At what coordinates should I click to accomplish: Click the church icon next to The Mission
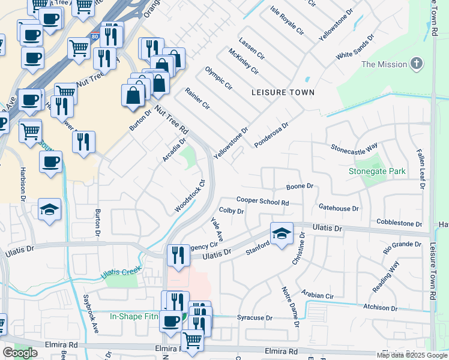[416, 64]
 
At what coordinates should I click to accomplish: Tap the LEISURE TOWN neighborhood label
[283, 92]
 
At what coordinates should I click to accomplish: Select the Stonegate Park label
[378, 172]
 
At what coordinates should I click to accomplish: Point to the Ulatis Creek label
[120, 272]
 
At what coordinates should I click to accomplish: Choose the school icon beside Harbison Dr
[50, 209]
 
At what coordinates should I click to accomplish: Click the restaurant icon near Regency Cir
[177, 256]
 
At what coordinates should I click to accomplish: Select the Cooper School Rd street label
[263, 202]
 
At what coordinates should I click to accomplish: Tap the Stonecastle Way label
[354, 146]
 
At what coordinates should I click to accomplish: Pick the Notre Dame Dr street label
[290, 307]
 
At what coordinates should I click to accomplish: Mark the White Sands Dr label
[355, 46]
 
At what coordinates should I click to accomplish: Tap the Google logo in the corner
[20, 353]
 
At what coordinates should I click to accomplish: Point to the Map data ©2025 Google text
[411, 355]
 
